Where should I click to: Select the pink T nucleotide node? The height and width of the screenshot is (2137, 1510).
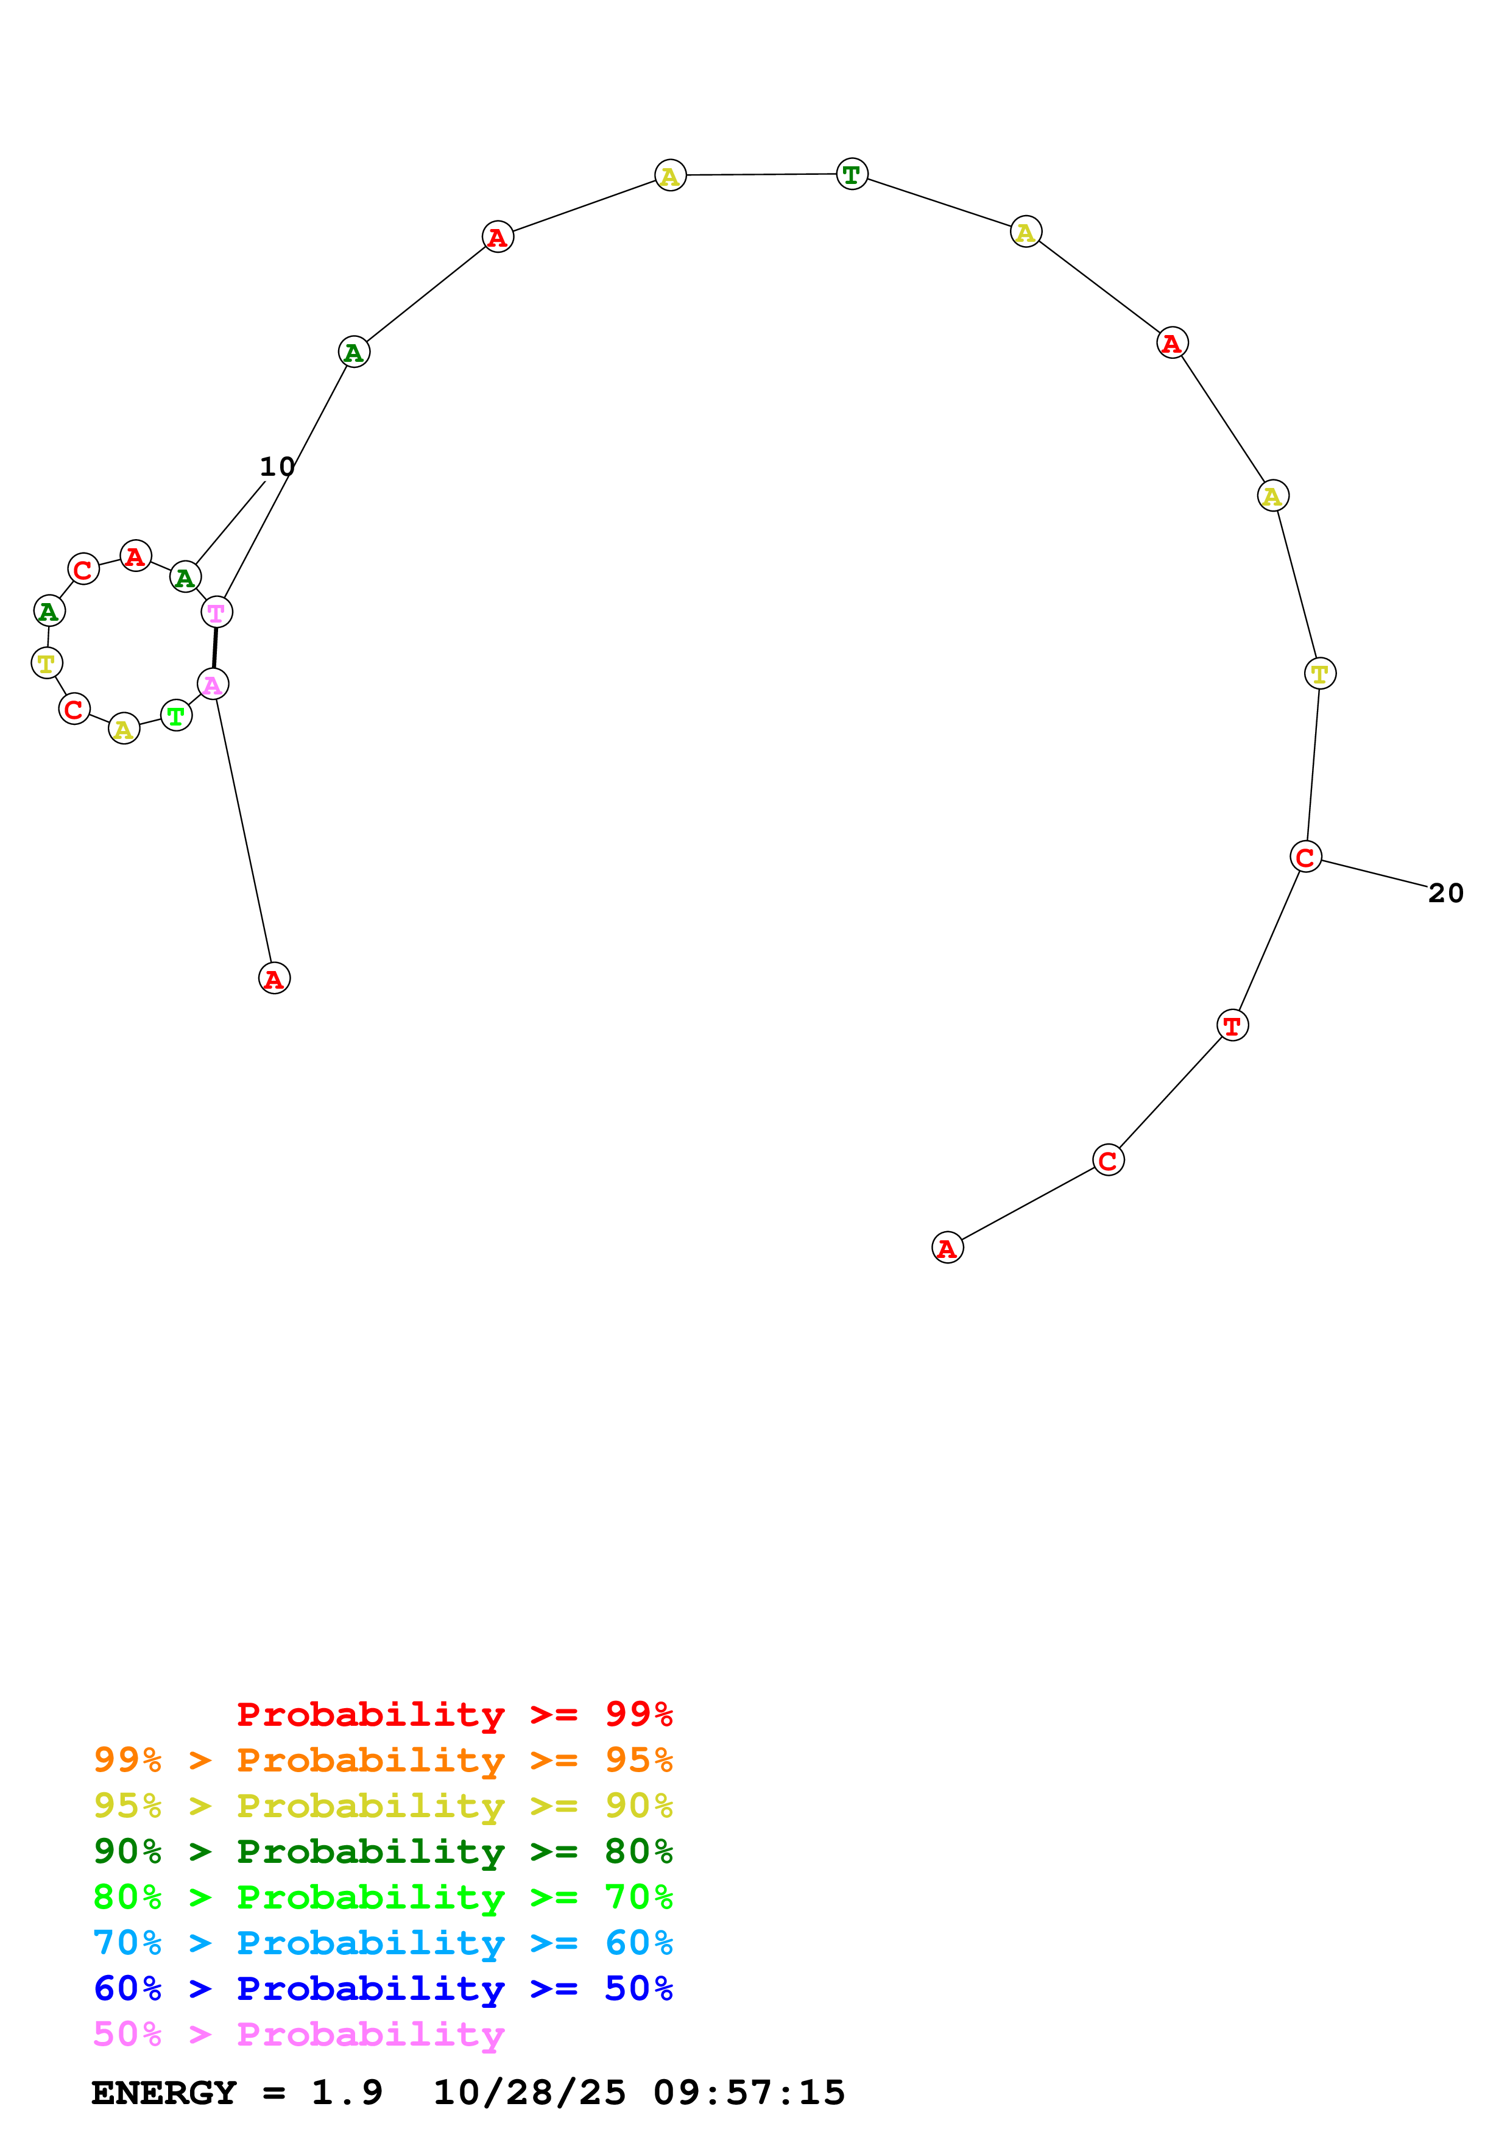tap(217, 612)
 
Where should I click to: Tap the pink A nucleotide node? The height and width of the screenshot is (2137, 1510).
tap(213, 684)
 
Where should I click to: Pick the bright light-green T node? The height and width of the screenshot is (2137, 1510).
tap(176, 716)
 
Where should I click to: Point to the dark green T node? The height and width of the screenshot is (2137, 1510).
tap(852, 174)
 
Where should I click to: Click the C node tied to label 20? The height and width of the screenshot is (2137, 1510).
tap(1305, 857)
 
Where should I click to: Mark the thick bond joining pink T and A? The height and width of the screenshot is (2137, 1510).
tap(215, 648)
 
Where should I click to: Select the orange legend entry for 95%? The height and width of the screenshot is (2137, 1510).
tap(383, 1759)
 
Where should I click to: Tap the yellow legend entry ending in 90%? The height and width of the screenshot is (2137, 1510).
tap(383, 1805)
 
